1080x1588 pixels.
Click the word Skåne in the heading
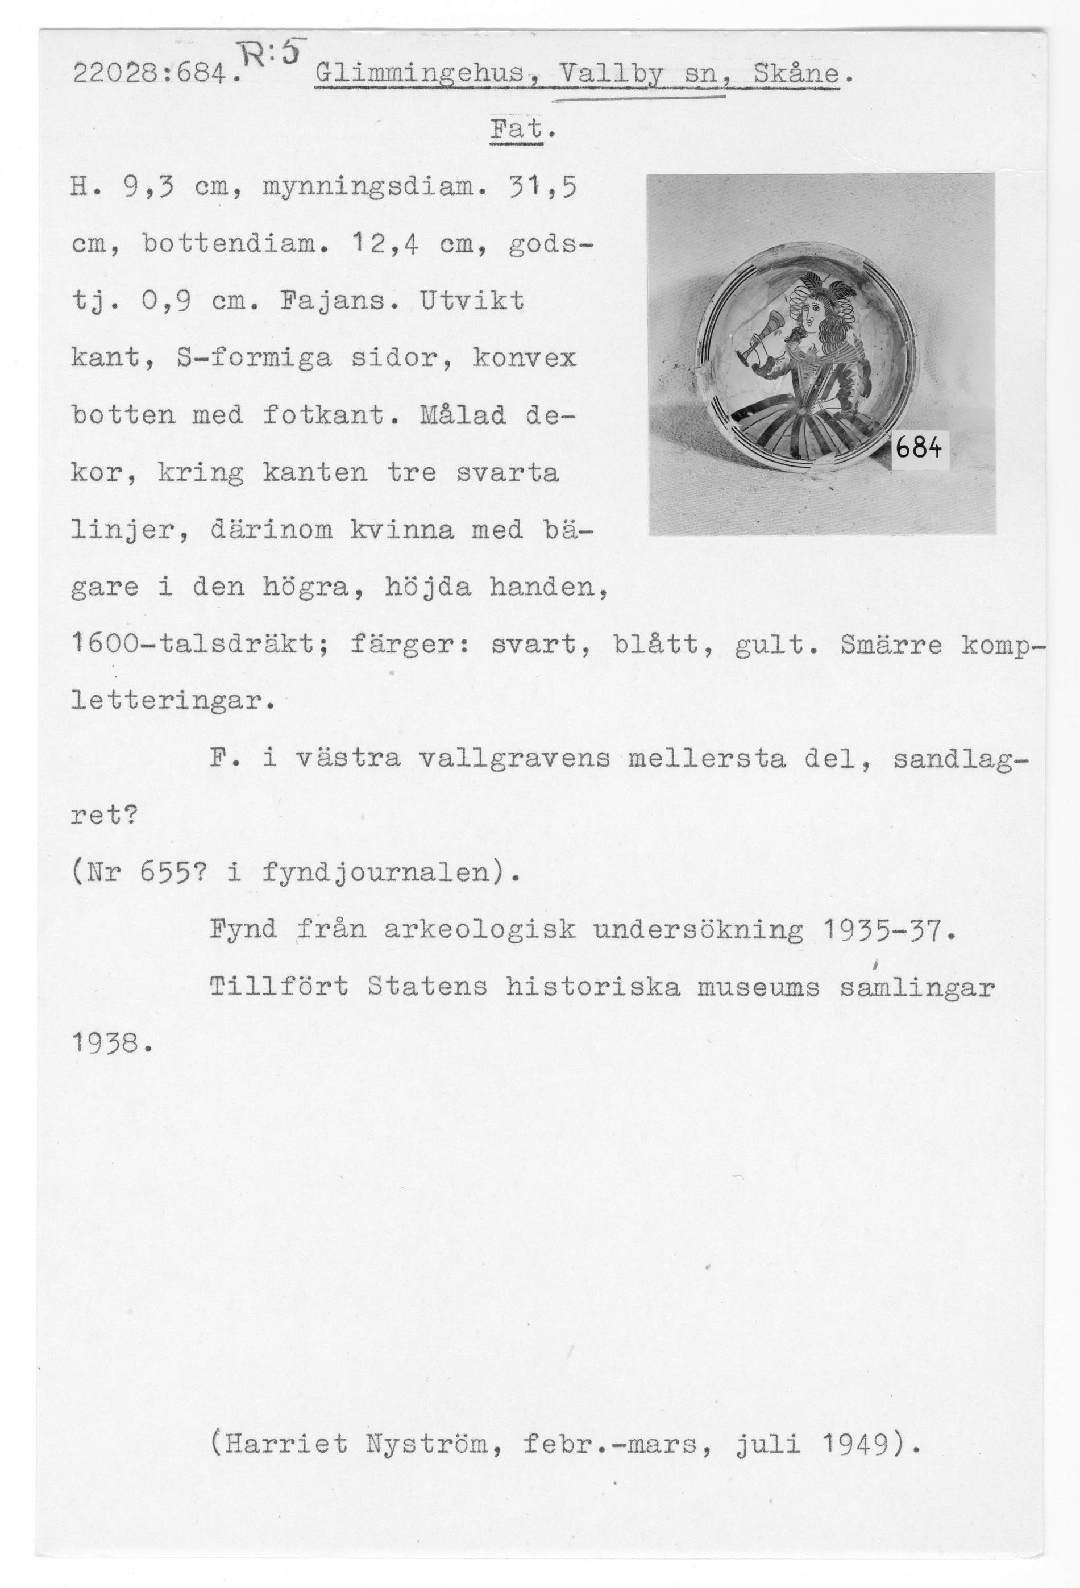[796, 74]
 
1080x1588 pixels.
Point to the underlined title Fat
[516, 129]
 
